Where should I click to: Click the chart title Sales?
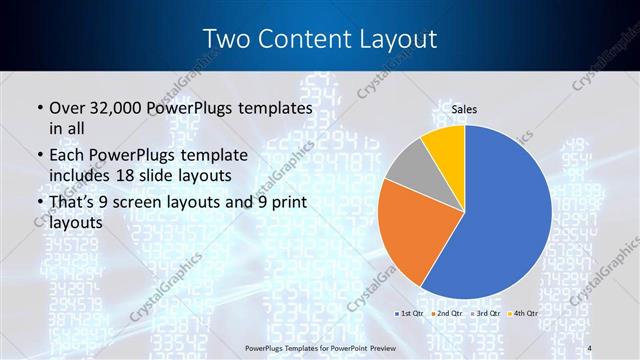464,108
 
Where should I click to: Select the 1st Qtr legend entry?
410,314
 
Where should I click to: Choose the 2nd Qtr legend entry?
446,314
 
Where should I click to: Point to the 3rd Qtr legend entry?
482,314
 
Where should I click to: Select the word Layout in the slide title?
394,39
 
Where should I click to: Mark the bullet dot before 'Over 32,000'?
38,108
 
